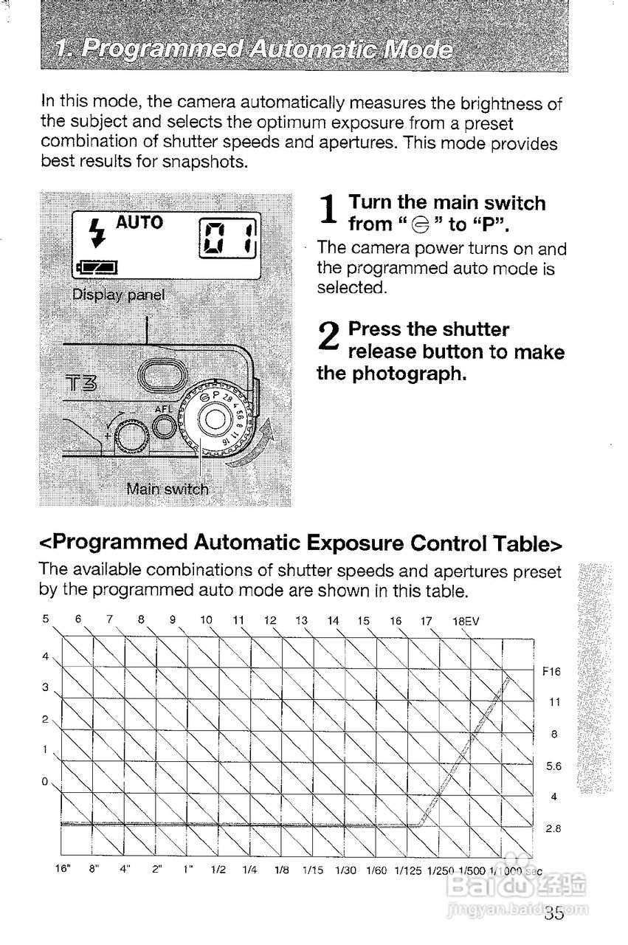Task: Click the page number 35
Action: click(x=554, y=914)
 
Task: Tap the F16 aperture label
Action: click(x=551, y=672)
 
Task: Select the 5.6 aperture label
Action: click(x=553, y=766)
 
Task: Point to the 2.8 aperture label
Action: click(x=553, y=829)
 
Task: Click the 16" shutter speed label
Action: click(x=63, y=870)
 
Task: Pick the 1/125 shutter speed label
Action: click(x=408, y=870)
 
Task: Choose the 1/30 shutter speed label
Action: click(x=346, y=870)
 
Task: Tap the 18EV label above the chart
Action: click(x=466, y=621)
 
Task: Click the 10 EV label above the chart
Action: click(x=207, y=619)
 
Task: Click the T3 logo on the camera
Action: click(x=83, y=385)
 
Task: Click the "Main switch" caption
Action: click(x=168, y=489)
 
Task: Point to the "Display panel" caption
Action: click(x=119, y=295)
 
